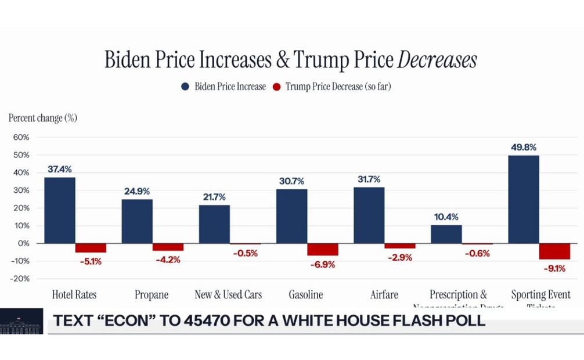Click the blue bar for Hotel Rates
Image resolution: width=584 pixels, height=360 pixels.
[60, 210]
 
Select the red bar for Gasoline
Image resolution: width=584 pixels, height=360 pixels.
[322, 249]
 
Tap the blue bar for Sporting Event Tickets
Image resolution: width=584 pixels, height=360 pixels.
[523, 199]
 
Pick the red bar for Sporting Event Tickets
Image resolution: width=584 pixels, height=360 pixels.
[554, 251]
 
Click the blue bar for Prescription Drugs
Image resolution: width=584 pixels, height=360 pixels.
[446, 234]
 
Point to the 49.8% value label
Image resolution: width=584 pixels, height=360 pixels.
[523, 147]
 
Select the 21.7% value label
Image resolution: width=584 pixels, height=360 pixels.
[214, 197]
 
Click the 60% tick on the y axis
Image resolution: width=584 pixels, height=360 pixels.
[21, 138]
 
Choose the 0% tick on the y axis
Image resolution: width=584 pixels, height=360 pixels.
[23, 243]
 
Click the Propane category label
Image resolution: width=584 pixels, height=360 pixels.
[152, 295]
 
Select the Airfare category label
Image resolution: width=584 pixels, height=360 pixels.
[384, 295]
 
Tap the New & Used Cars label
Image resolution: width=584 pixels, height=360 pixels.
[228, 295]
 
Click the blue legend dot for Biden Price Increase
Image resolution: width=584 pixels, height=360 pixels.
[186, 87]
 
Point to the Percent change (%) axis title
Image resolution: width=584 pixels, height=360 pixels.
[43, 118]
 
